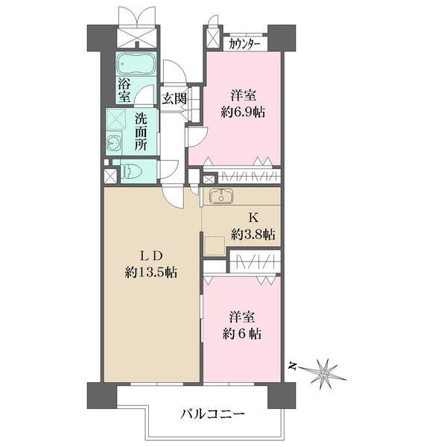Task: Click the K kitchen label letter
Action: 253,218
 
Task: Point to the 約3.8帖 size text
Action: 253,235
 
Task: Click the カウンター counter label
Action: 244,43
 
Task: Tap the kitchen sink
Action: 221,197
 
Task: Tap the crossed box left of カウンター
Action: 213,40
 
